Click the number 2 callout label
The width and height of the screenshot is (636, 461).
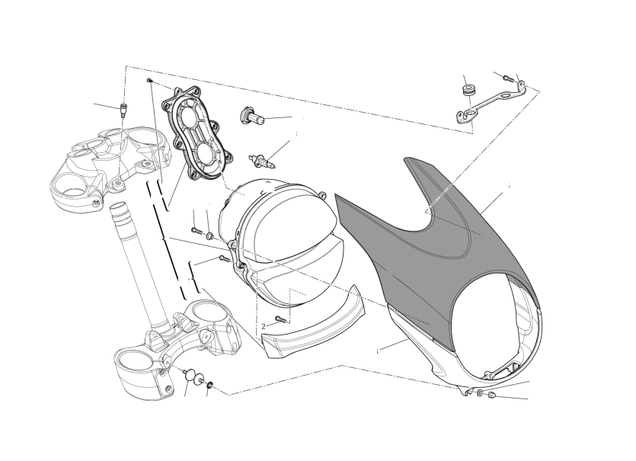pos(264,326)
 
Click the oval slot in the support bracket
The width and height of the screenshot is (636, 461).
pos(504,97)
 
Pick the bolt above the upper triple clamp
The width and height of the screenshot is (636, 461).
pos(123,110)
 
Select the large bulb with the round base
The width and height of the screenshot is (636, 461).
pos(252,116)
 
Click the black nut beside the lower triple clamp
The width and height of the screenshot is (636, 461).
pos(210,384)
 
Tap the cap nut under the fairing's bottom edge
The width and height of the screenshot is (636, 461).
pos(491,395)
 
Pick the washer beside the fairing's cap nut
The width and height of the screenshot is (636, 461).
pos(480,392)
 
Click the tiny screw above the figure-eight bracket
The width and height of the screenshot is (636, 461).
pos(149,80)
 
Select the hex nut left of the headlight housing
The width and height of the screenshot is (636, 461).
pos(209,235)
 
